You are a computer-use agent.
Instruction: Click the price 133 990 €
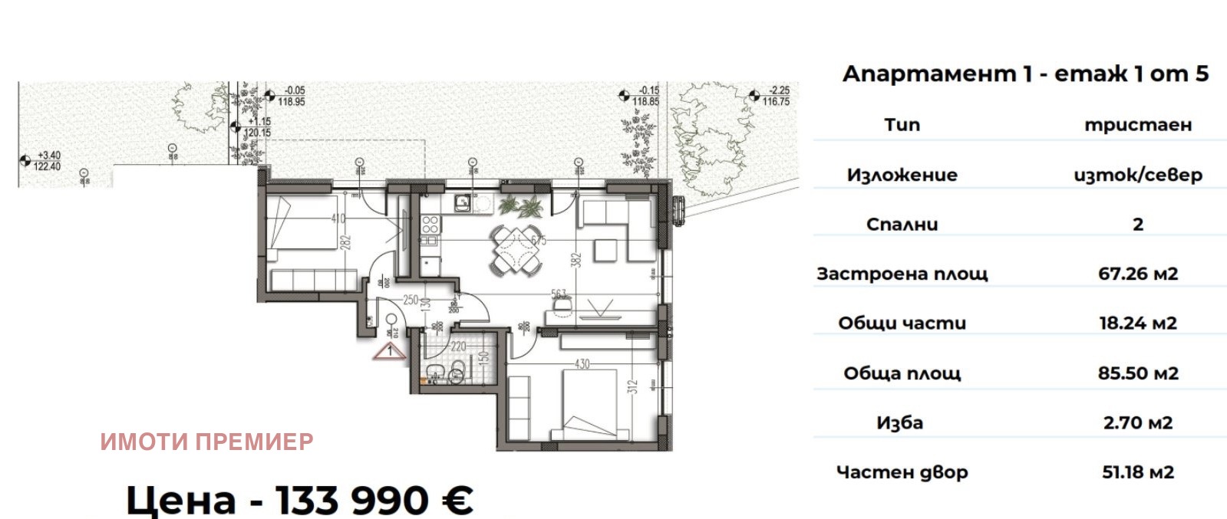[299, 500]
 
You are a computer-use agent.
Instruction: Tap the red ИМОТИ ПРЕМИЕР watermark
[206, 442]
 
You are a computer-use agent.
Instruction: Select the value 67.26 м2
[1137, 274]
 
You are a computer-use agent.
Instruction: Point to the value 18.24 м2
[1137, 323]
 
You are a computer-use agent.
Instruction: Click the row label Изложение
[902, 175]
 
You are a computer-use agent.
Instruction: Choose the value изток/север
[1137, 175]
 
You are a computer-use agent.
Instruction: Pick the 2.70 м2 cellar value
[1137, 422]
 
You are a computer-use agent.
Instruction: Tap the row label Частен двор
[902, 472]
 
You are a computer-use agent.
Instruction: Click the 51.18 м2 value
[1137, 472]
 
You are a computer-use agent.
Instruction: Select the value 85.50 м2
[1137, 373]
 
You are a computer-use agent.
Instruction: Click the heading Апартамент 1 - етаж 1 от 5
[1025, 74]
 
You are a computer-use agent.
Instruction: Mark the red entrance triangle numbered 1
[391, 352]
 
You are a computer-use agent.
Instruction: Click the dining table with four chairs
[516, 251]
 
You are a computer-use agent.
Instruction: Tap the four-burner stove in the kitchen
[430, 224]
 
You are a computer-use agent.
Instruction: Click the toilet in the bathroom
[456, 374]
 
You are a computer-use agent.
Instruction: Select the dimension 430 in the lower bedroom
[582, 364]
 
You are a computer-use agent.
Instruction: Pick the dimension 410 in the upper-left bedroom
[338, 218]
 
